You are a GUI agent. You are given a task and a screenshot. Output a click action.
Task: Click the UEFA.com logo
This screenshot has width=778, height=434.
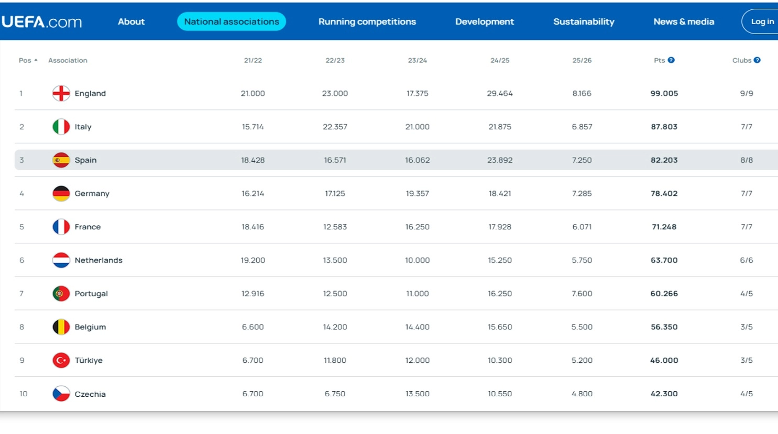tap(42, 22)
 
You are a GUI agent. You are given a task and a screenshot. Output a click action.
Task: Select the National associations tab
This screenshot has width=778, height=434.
tap(232, 21)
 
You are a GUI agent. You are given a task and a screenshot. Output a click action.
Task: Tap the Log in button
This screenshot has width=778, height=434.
tap(762, 21)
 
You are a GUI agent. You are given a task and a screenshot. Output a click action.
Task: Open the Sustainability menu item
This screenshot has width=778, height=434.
tap(584, 21)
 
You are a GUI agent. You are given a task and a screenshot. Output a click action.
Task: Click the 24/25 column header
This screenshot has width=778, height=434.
tap(500, 60)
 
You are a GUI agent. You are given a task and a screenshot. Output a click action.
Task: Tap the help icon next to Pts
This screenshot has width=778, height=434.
tap(671, 60)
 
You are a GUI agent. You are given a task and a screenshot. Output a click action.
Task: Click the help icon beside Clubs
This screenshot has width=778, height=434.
tap(757, 60)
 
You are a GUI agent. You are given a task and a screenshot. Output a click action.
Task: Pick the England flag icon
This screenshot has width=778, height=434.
tap(61, 93)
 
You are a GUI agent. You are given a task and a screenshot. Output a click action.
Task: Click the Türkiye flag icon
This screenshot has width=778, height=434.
tap(61, 360)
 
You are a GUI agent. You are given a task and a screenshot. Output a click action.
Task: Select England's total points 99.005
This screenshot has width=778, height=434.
tap(664, 93)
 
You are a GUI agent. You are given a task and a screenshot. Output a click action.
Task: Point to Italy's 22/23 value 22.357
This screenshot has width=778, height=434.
tap(335, 127)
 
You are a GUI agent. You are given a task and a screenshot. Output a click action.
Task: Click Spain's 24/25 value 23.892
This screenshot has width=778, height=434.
tap(500, 160)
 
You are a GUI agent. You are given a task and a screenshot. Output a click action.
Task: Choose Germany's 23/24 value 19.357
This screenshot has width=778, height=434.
tap(418, 194)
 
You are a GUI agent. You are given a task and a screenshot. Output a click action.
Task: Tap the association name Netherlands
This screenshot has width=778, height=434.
tap(98, 260)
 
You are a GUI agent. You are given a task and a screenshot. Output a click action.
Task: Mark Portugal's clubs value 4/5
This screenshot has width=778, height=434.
tap(747, 294)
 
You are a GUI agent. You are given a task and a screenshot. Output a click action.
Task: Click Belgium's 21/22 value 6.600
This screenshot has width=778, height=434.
tap(253, 327)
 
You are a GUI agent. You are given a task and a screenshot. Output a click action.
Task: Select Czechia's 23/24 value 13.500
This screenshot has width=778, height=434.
tap(418, 394)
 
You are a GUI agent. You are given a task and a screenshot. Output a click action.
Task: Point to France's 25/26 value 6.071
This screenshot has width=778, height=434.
tap(582, 227)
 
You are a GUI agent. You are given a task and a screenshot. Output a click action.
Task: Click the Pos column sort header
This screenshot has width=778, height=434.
tap(28, 60)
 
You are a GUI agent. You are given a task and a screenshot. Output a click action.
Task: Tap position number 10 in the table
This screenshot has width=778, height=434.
tap(23, 394)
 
